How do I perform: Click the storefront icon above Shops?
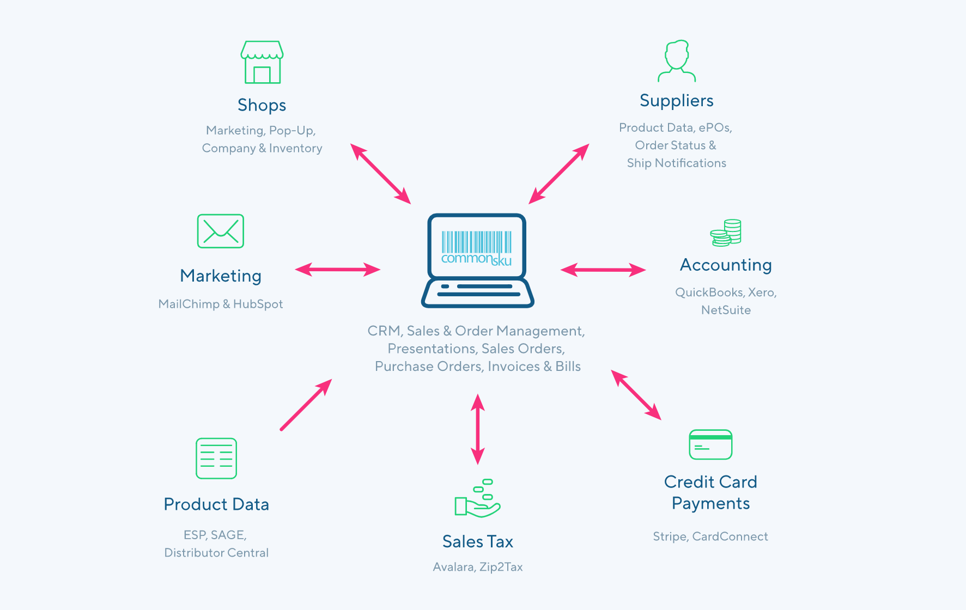click(x=262, y=62)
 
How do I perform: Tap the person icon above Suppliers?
click(x=677, y=61)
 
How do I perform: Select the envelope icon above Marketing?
click(x=220, y=231)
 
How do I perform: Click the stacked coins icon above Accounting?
click(x=726, y=233)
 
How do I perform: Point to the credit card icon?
click(x=710, y=444)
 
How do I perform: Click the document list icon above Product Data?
click(x=216, y=458)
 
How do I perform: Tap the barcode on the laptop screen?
click(x=476, y=242)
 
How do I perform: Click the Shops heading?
click(x=262, y=105)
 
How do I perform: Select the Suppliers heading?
click(x=676, y=101)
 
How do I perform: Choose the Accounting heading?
click(x=726, y=265)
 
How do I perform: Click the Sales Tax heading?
click(x=477, y=541)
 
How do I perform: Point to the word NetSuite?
click(x=726, y=310)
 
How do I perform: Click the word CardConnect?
click(x=730, y=536)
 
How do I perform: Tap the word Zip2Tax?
click(x=501, y=567)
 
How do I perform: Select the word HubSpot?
click(x=258, y=304)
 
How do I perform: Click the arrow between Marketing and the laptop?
click(x=338, y=269)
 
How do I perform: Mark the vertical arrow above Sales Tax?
click(x=478, y=429)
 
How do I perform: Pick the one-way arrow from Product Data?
click(x=306, y=405)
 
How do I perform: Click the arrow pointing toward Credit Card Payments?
click(x=636, y=395)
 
